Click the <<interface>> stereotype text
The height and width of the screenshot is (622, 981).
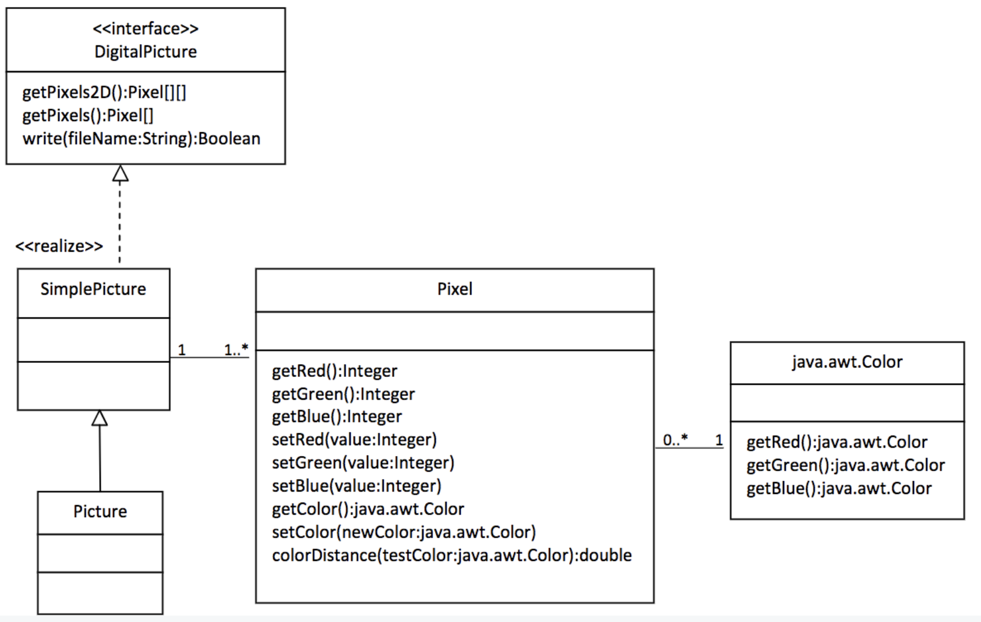point(145,29)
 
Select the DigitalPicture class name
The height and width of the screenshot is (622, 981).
point(145,52)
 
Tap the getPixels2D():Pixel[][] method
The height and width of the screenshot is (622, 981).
point(104,93)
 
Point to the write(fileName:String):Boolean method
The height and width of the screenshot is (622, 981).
point(141,139)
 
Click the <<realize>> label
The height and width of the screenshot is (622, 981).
point(59,246)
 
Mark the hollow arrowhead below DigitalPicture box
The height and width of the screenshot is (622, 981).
point(120,174)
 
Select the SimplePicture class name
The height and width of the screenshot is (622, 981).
point(93,289)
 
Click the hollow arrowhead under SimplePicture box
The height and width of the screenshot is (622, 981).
point(100,418)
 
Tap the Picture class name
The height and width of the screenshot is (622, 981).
point(100,511)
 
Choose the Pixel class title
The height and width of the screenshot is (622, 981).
point(454,289)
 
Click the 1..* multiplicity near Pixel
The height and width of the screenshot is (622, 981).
point(236,349)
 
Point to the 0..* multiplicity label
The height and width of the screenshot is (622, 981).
point(675,440)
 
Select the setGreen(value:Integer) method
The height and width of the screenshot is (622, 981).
point(363,462)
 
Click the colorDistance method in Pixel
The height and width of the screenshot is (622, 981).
point(451,555)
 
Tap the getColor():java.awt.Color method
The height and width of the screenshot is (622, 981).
point(368,509)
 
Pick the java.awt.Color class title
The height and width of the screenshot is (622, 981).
point(846,362)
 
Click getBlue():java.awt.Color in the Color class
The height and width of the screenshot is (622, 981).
point(839,488)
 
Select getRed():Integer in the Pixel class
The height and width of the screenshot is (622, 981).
point(334,370)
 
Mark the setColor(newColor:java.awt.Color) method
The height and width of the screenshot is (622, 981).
point(404,532)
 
